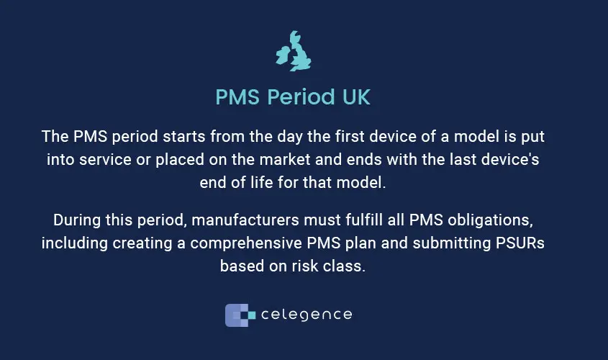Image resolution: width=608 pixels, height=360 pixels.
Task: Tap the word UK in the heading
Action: (355, 97)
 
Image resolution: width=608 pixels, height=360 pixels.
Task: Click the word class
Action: (348, 265)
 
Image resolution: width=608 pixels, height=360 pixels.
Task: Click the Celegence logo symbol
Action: (240, 315)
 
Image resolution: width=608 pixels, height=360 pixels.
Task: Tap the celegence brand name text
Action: (307, 315)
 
